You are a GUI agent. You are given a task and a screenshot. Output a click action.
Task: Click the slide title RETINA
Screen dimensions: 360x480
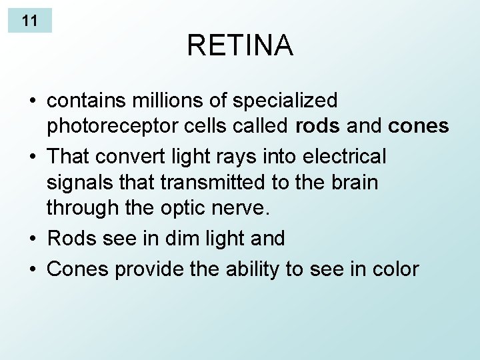239,45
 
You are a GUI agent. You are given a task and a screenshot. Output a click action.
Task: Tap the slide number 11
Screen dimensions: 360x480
29,21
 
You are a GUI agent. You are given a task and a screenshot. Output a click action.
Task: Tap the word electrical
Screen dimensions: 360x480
344,157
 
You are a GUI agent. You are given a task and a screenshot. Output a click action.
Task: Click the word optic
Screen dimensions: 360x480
166,209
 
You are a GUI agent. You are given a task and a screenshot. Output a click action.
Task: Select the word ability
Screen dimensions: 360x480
254,269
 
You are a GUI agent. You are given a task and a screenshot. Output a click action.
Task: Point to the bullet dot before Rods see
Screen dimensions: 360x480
33,239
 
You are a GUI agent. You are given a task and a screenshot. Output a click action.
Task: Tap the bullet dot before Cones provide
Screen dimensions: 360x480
33,270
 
